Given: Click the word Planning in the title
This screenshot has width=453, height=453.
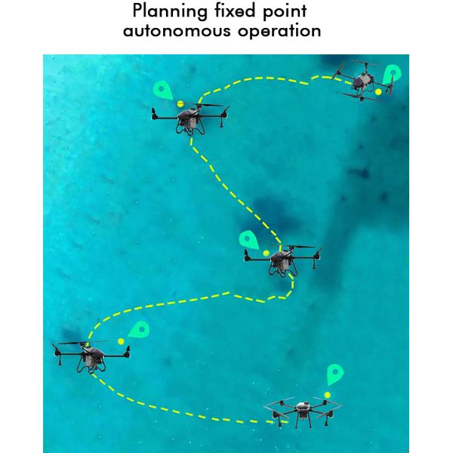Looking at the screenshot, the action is tap(162, 13).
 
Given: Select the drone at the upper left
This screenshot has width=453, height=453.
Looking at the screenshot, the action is tap(189, 117).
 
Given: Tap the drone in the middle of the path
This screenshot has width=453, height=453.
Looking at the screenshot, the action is tap(281, 260).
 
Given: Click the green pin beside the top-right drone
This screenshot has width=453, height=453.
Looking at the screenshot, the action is tap(391, 75).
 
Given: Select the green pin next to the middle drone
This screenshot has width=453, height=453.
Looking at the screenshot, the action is tap(248, 241).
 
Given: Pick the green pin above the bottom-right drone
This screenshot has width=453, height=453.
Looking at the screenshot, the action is tap(335, 374).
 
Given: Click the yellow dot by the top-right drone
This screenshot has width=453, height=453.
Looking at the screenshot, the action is tap(378, 91).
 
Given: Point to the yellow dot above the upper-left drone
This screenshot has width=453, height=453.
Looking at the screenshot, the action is tap(180, 103).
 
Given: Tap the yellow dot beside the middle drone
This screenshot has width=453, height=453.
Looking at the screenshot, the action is tap(266, 252).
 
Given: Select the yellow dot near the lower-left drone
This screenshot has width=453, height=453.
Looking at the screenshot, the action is tap(121, 341).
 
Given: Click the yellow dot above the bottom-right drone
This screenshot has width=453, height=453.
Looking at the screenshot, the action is tap(327, 395).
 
